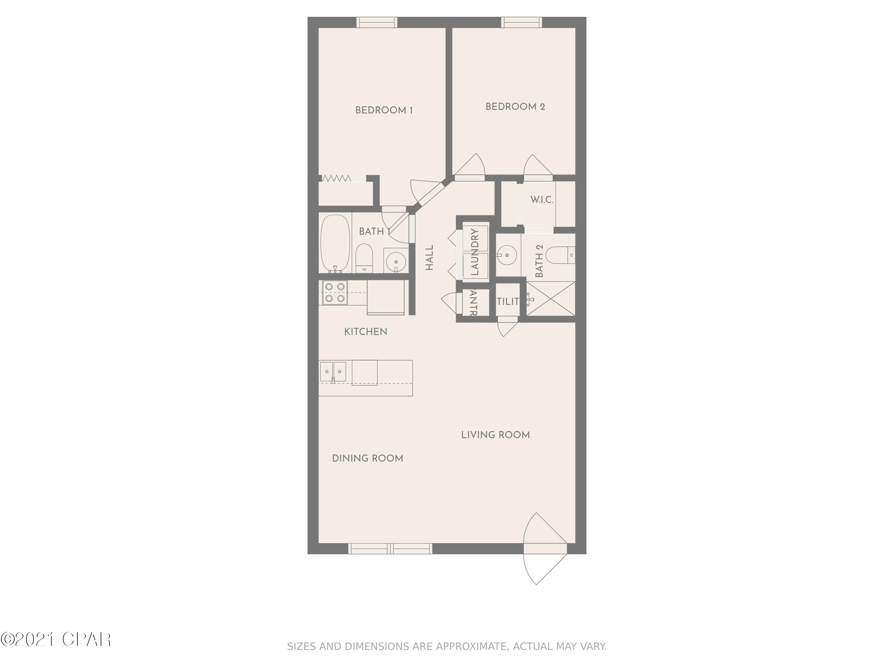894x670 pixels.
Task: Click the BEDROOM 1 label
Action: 384,110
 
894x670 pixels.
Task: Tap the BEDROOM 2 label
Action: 515,107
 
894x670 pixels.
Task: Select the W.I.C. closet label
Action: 541,200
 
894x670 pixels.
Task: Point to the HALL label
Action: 429,258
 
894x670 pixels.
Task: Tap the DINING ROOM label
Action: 367,458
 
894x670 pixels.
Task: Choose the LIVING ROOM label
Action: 495,435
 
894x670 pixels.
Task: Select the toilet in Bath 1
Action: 364,257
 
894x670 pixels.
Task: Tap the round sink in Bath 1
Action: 396,262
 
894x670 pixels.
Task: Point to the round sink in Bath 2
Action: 506,255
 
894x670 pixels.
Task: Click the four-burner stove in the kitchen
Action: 335,292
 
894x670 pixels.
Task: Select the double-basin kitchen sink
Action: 333,372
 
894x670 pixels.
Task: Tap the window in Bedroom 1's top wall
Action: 377,23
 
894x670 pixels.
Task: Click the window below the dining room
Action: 390,549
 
